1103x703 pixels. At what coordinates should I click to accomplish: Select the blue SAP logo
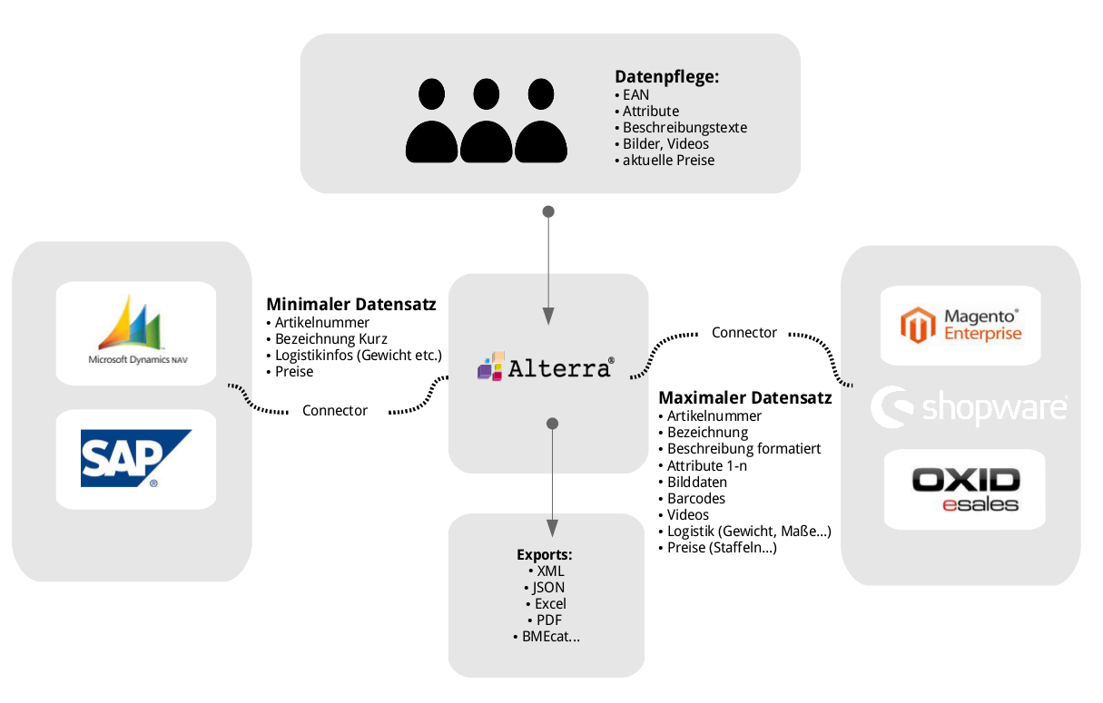click(135, 458)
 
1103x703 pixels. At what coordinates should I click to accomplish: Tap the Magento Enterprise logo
click(960, 325)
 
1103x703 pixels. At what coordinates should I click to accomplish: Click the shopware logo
click(969, 407)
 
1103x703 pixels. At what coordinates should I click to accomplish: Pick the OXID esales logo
click(965, 490)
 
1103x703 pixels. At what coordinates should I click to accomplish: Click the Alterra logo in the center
click(547, 367)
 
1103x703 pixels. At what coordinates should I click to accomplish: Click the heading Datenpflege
click(666, 77)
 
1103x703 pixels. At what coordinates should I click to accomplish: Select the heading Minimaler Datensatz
click(350, 305)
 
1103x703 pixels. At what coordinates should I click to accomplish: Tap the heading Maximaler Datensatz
click(744, 398)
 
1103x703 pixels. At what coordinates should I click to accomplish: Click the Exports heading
click(545, 554)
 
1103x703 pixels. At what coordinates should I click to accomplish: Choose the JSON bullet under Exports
click(547, 588)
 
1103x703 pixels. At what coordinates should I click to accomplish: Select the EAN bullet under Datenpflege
click(635, 95)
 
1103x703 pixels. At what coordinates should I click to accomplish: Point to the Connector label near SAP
click(335, 411)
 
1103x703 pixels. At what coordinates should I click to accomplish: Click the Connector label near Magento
click(744, 333)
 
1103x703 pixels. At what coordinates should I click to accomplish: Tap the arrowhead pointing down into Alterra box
click(548, 317)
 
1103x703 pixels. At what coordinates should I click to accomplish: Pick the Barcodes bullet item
click(695, 498)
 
